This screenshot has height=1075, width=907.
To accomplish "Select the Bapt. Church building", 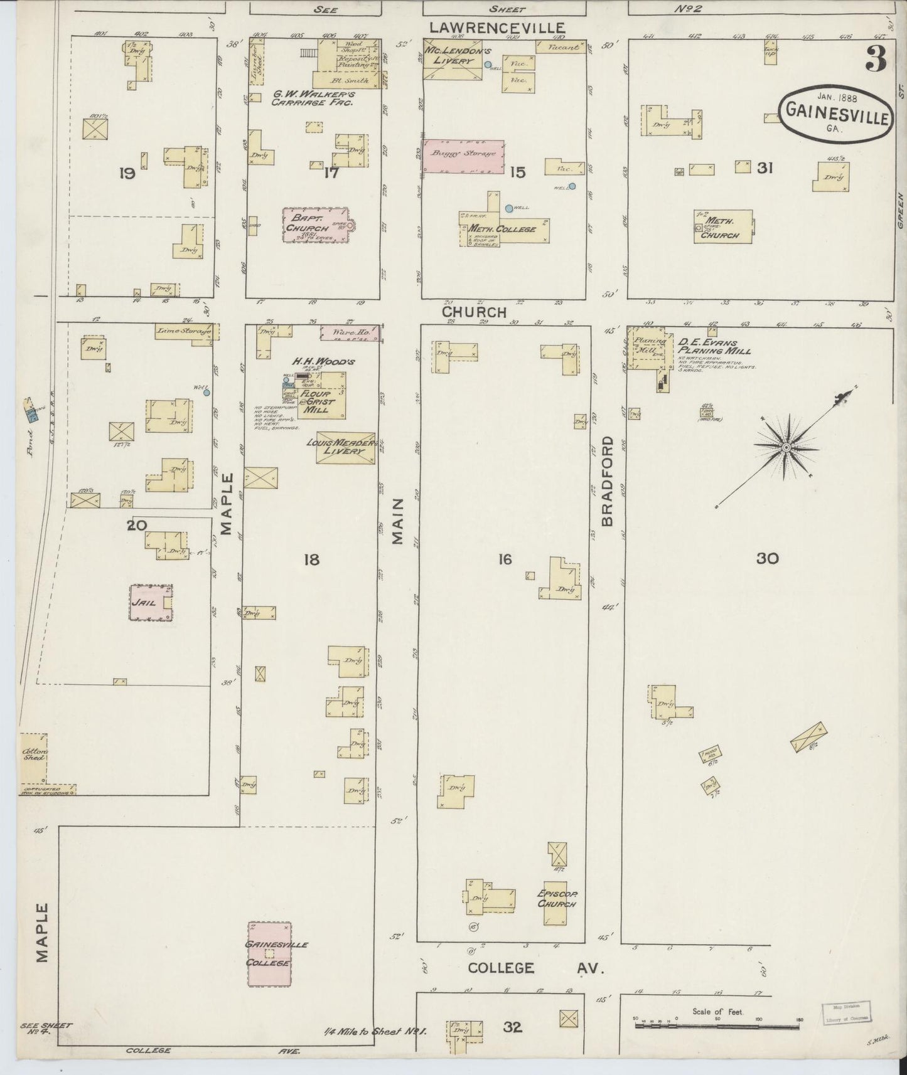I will (x=315, y=225).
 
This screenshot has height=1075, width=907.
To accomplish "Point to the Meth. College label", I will (x=502, y=230).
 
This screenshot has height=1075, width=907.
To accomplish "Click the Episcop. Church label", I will (x=556, y=899).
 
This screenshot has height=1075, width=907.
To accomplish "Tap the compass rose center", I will (x=785, y=447).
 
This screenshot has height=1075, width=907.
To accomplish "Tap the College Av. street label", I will (x=535, y=985).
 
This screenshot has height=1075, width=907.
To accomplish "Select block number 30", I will (x=767, y=558).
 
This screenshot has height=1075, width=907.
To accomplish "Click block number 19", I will (x=127, y=173).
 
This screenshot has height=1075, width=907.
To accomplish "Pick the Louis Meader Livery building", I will (x=345, y=447).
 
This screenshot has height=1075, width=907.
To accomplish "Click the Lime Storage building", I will (x=185, y=331).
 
